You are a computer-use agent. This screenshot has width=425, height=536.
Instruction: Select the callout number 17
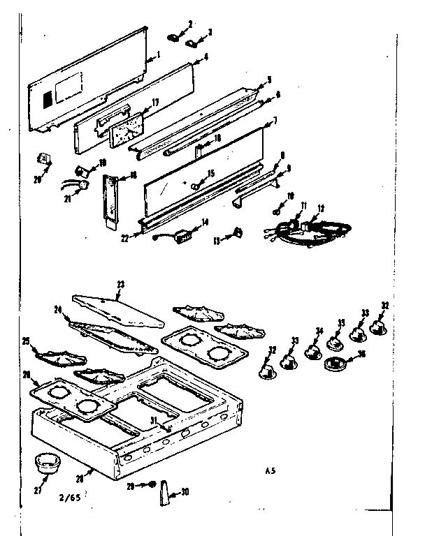[154, 103]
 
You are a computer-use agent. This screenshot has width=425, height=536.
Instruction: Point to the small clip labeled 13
[238, 232]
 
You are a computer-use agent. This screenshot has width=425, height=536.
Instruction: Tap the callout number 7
[275, 121]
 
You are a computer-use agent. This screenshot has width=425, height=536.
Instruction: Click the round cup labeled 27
[45, 462]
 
